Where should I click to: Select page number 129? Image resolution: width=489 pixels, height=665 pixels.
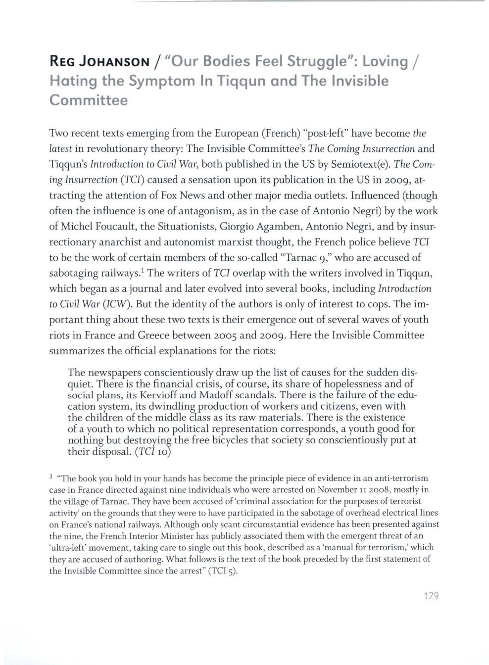point(432,596)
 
